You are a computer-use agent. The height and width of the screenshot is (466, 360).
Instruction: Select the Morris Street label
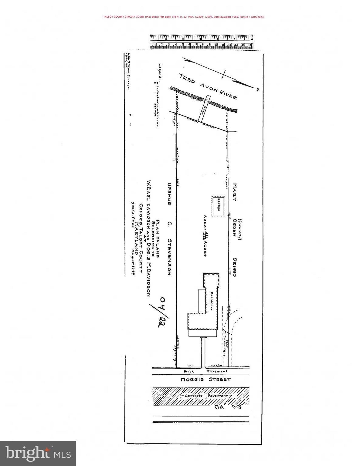click(205, 379)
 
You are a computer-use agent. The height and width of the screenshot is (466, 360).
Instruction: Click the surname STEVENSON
click(170, 257)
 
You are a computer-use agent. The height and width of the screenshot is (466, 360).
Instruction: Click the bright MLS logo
click(38, 453)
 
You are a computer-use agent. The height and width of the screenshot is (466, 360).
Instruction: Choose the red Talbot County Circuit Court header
click(183, 17)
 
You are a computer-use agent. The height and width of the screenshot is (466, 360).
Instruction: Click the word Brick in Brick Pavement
click(188, 371)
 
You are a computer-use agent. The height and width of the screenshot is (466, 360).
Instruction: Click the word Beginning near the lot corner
click(175, 354)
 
